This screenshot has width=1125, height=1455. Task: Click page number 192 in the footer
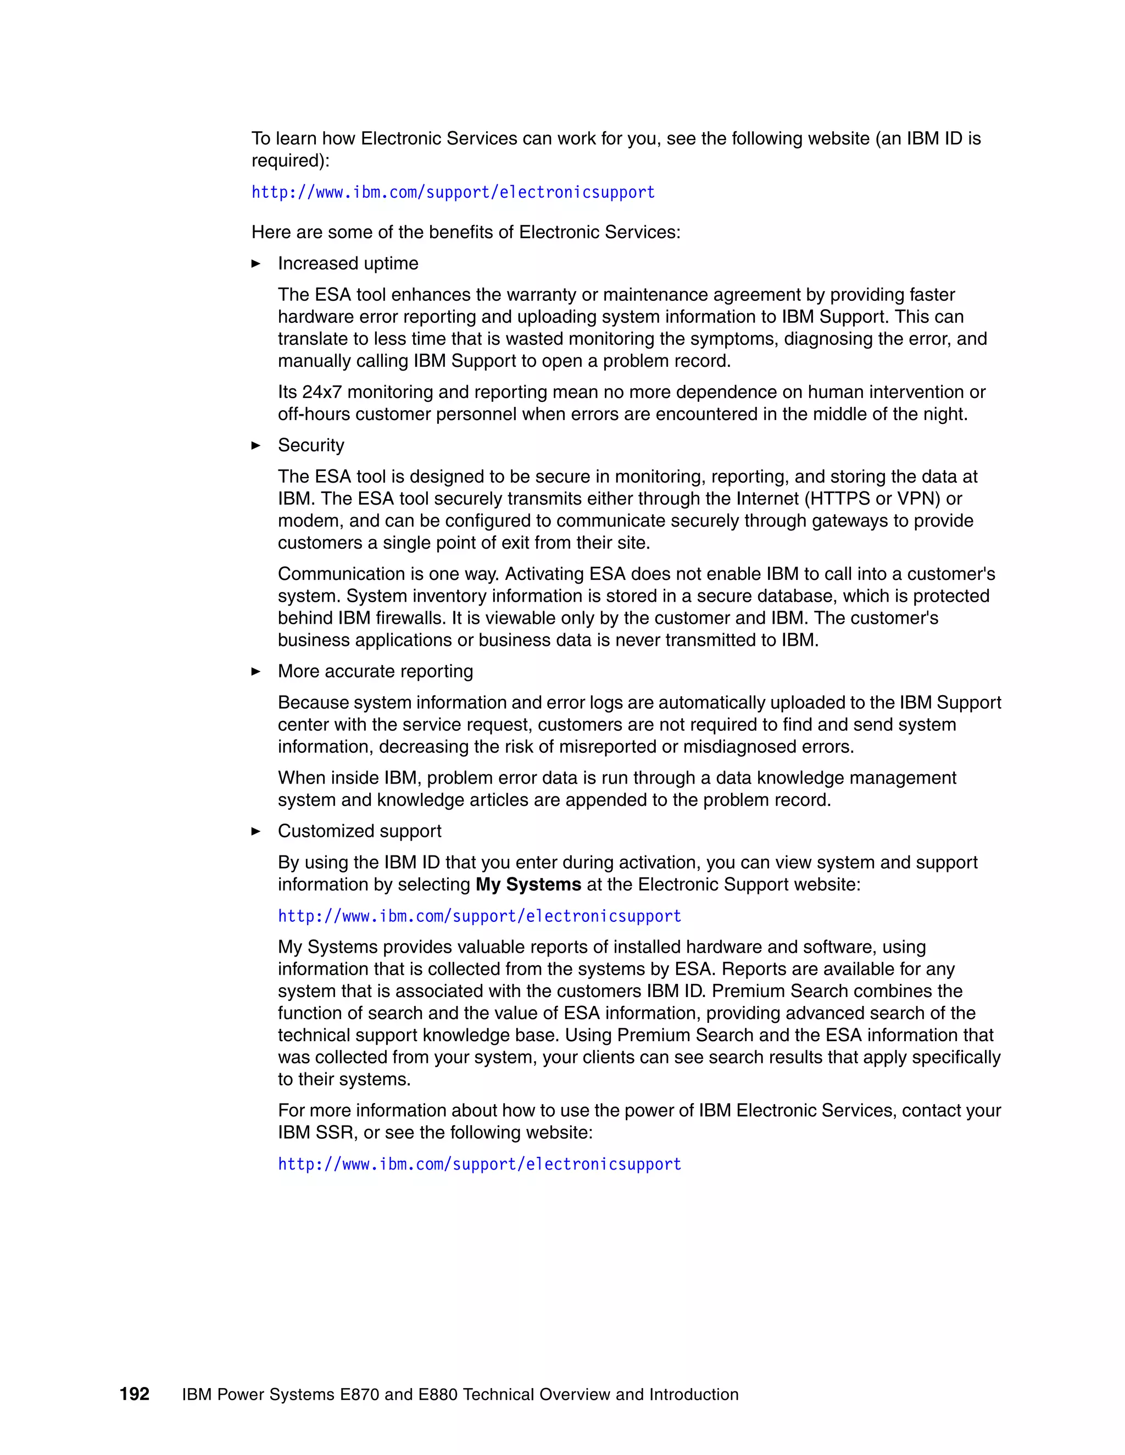click(134, 1394)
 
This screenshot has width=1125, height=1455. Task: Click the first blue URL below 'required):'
click(453, 193)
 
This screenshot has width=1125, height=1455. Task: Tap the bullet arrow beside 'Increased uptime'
click(256, 264)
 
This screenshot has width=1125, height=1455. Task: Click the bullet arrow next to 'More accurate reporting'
click(256, 671)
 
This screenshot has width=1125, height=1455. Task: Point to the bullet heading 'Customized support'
click(359, 831)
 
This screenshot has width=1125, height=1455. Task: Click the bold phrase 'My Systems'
click(528, 884)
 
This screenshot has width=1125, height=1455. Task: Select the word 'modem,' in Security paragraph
click(310, 521)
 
